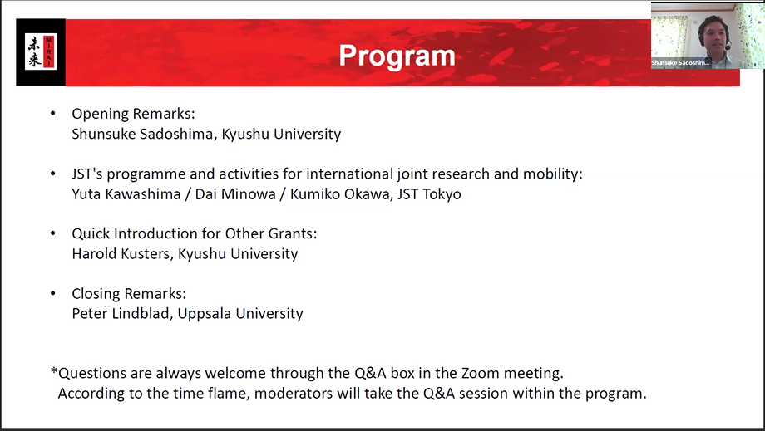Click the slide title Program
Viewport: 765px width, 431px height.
click(397, 56)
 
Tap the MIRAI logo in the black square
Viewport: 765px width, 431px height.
click(41, 51)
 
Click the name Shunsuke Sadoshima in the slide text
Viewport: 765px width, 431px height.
click(142, 134)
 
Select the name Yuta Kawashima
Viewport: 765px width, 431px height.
click(126, 193)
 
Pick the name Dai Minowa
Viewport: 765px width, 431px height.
click(235, 193)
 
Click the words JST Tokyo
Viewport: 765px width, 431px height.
click(429, 193)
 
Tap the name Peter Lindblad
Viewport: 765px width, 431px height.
click(121, 313)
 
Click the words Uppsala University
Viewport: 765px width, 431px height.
click(240, 314)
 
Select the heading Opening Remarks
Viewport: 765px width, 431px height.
click(133, 114)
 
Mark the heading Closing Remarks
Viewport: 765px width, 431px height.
click(129, 294)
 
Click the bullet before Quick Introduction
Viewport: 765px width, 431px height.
click(53, 233)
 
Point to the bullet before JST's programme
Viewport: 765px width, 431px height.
click(53, 174)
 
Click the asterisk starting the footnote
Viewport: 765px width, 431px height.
click(54, 371)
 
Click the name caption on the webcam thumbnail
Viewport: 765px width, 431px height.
click(680, 63)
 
